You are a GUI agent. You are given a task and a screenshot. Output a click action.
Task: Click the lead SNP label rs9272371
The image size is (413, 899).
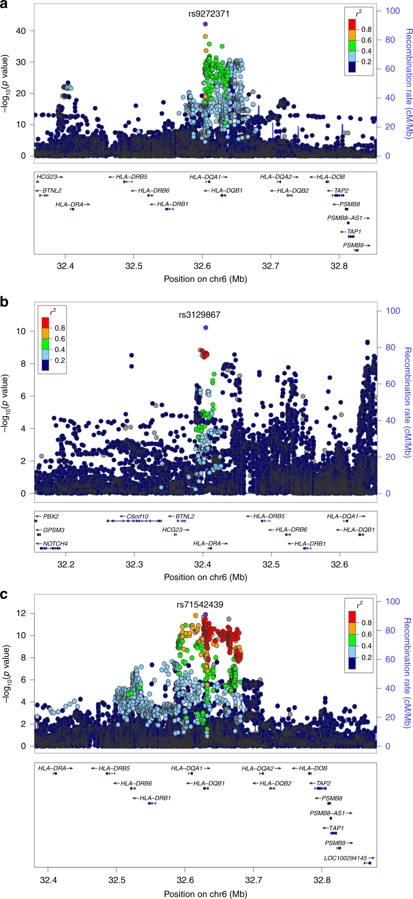209,14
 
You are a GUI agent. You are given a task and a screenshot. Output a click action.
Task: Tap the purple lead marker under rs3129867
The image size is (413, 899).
206,328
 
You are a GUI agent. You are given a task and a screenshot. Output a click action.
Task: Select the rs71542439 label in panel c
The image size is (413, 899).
200,605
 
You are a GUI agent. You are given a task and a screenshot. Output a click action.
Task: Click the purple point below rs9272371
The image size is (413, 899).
205,24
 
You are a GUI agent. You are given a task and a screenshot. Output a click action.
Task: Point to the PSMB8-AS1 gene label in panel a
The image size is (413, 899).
345,218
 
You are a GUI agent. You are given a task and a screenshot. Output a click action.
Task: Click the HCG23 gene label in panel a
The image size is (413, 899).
47,177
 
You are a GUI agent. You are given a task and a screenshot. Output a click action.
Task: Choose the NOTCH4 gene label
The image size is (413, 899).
55,544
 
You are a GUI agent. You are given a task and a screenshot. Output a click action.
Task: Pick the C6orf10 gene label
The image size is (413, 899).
138,516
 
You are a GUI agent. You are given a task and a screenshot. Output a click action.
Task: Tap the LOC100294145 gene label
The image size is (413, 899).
345,858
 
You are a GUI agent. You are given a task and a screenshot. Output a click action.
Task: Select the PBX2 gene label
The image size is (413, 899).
51,516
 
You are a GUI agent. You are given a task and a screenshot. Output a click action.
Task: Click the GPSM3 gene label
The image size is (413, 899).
54,530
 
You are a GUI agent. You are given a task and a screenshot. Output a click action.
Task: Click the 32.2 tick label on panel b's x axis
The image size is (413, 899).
66,565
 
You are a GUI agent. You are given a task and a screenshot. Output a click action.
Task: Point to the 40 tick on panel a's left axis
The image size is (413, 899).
21,31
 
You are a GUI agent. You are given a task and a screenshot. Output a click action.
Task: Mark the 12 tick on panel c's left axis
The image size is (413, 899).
21,613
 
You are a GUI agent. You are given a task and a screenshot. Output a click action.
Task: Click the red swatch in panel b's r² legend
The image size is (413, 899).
45,323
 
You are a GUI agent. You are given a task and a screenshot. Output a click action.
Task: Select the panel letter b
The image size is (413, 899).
4,302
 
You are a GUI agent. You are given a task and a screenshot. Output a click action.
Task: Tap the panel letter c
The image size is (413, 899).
4,595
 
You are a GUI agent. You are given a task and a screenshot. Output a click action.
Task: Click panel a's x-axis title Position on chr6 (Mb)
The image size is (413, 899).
205,279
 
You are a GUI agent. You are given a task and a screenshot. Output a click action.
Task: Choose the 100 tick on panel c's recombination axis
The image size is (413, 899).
392,602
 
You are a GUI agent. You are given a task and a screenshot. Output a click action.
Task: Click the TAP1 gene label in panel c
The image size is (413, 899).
336,828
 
